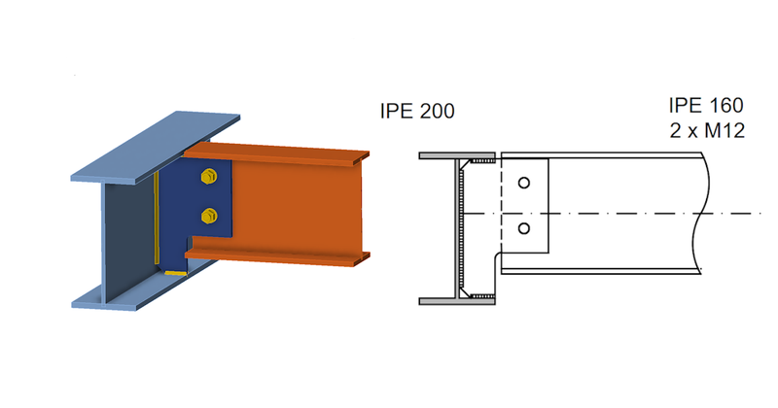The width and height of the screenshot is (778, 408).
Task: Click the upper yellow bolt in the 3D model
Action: (x=206, y=177)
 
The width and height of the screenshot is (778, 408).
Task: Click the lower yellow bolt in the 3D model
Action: (x=206, y=214)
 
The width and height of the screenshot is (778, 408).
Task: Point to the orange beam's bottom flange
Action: (x=282, y=255)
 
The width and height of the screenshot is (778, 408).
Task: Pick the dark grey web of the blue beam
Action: (x=126, y=233)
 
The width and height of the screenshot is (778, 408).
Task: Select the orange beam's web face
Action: (x=292, y=204)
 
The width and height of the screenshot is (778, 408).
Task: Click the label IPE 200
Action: (x=417, y=112)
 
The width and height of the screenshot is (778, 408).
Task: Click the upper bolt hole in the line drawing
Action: (x=524, y=182)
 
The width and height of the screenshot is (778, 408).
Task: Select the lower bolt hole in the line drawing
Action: (x=524, y=228)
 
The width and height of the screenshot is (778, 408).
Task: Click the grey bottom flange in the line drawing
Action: (x=457, y=301)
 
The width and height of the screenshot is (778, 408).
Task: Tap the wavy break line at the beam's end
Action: (x=707, y=214)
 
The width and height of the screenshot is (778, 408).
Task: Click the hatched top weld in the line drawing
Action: (x=483, y=160)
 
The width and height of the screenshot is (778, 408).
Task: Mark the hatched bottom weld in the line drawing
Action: (x=483, y=292)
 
